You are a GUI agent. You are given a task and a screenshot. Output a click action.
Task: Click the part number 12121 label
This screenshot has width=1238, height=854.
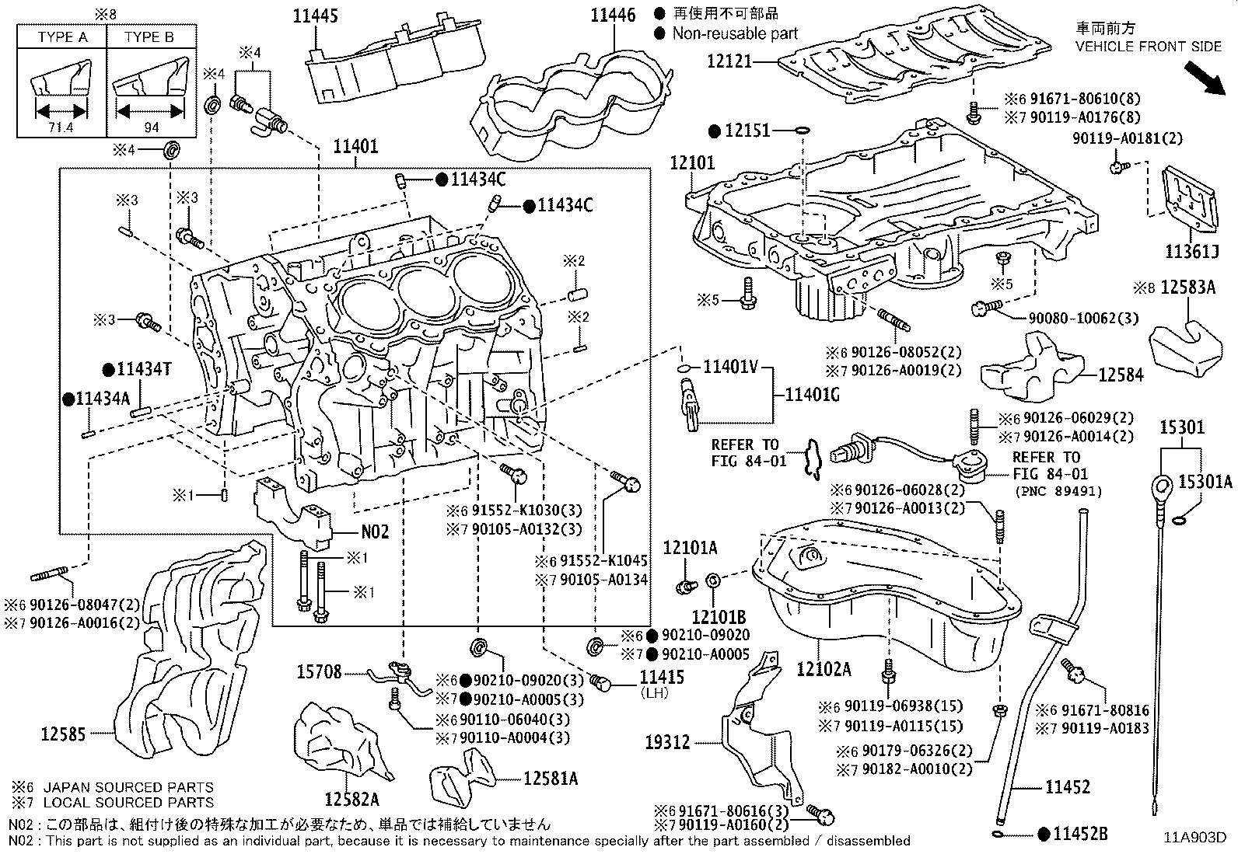730,61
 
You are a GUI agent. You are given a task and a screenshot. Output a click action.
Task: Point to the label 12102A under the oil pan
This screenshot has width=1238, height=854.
824,668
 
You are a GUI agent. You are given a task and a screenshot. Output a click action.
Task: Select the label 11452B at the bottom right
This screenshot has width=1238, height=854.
1079,835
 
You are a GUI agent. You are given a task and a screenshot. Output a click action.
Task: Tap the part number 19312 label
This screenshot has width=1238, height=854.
666,742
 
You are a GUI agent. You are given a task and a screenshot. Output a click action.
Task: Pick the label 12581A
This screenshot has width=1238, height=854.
550,778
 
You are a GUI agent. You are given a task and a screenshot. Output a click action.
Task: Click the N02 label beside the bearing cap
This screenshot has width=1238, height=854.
375,532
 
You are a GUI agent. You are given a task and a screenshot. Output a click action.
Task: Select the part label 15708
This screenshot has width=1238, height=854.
319,671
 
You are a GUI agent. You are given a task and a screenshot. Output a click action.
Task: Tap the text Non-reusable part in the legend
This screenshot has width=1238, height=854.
735,33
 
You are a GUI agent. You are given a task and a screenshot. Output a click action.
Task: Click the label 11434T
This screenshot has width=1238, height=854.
143,370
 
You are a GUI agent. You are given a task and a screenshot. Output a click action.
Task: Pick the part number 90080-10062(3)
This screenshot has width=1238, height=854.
1072,319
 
